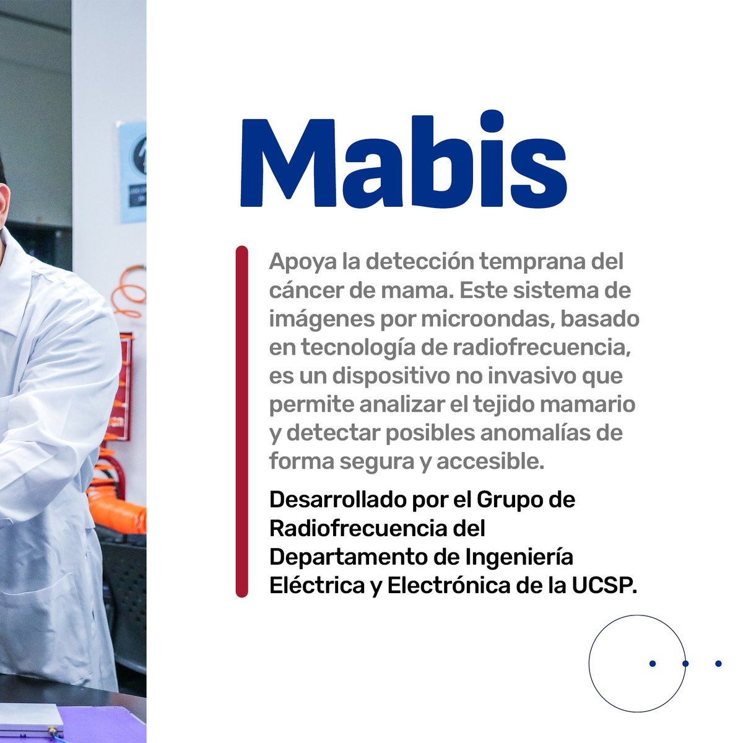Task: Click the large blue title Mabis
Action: tap(403, 161)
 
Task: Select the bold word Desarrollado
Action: tap(338, 500)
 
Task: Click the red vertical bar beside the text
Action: tap(241, 421)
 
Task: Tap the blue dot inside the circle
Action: tap(652, 664)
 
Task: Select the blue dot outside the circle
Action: tap(718, 664)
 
